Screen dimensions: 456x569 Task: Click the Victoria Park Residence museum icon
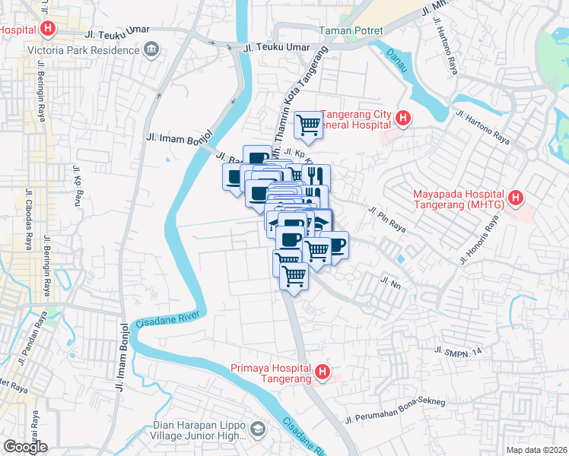151,50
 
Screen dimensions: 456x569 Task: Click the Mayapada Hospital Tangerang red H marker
516,198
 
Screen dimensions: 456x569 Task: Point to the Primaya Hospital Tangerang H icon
323,372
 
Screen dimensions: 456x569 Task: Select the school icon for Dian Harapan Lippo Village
258,429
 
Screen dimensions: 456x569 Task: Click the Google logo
24,446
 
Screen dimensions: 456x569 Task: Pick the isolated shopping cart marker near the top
308,124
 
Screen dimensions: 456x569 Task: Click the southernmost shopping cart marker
294,275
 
